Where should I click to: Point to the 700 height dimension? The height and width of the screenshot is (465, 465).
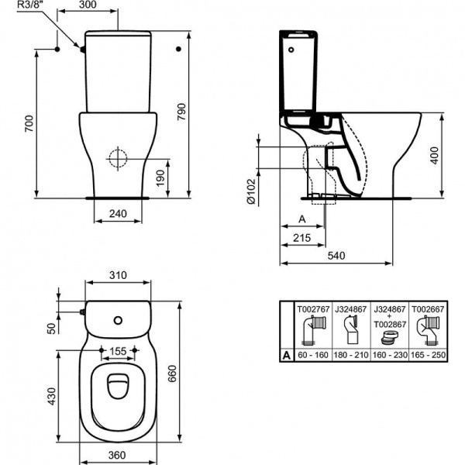click(x=29, y=122)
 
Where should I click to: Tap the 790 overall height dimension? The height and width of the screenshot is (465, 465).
click(x=204, y=115)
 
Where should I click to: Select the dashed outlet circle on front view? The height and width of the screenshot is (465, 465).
click(x=118, y=158)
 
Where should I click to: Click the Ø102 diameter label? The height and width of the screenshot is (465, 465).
click(x=250, y=191)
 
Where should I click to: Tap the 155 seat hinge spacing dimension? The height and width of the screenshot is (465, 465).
click(x=118, y=351)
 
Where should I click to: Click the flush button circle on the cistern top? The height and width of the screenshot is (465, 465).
click(x=118, y=318)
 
